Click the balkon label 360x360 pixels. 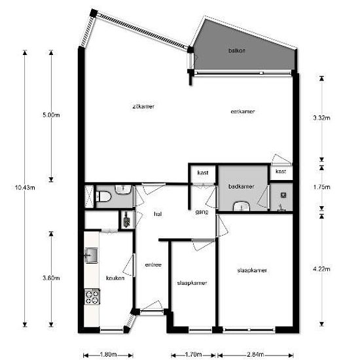point(237,50)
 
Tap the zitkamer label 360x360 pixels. point(143,107)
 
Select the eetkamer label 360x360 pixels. point(243,111)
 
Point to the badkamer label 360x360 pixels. point(242,187)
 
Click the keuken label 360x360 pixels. point(115,278)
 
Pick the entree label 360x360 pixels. point(153,264)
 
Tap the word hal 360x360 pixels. point(158,214)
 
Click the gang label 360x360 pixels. point(202,212)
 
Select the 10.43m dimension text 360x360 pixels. point(25,188)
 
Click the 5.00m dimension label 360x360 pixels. point(51,115)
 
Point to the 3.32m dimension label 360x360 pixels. point(321,118)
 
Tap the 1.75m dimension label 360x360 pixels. point(321,187)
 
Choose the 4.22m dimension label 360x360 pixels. point(321,269)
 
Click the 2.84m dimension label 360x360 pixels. point(255,354)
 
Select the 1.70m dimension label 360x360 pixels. point(193,355)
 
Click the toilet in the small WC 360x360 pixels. point(103,197)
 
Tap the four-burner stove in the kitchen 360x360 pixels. point(92,297)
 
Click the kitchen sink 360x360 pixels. point(92,255)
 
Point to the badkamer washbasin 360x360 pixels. point(242,206)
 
